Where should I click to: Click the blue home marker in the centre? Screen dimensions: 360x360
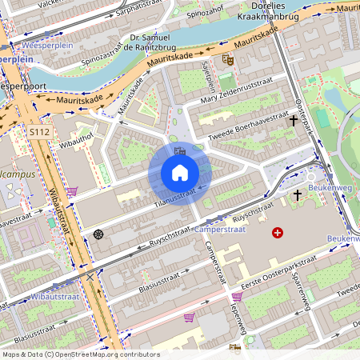click(180, 173)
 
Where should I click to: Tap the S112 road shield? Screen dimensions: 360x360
click(39, 130)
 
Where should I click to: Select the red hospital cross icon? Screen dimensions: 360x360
click(278, 233)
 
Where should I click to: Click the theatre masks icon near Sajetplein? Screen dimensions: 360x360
click(228, 58)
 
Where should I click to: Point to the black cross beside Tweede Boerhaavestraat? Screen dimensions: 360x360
click(294, 121)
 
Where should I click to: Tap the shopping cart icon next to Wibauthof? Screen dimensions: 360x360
click(72, 191)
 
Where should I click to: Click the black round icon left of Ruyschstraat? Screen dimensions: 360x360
click(98, 234)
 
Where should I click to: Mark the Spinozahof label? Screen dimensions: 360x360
click(203, 14)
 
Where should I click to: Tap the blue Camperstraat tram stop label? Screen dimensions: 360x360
click(241, 228)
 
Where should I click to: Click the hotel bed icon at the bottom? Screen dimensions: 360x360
click(234, 348)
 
